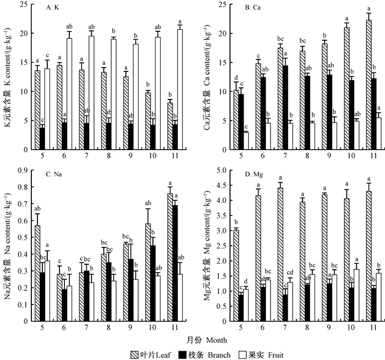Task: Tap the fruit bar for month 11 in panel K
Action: click(x=180, y=89)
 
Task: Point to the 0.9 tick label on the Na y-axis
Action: click(x=21, y=170)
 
